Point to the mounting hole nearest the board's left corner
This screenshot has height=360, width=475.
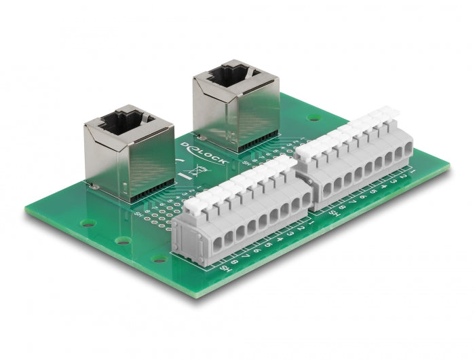(86, 223)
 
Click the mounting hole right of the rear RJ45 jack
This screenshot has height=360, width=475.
(313, 117)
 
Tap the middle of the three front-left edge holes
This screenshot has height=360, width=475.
(123, 240)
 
